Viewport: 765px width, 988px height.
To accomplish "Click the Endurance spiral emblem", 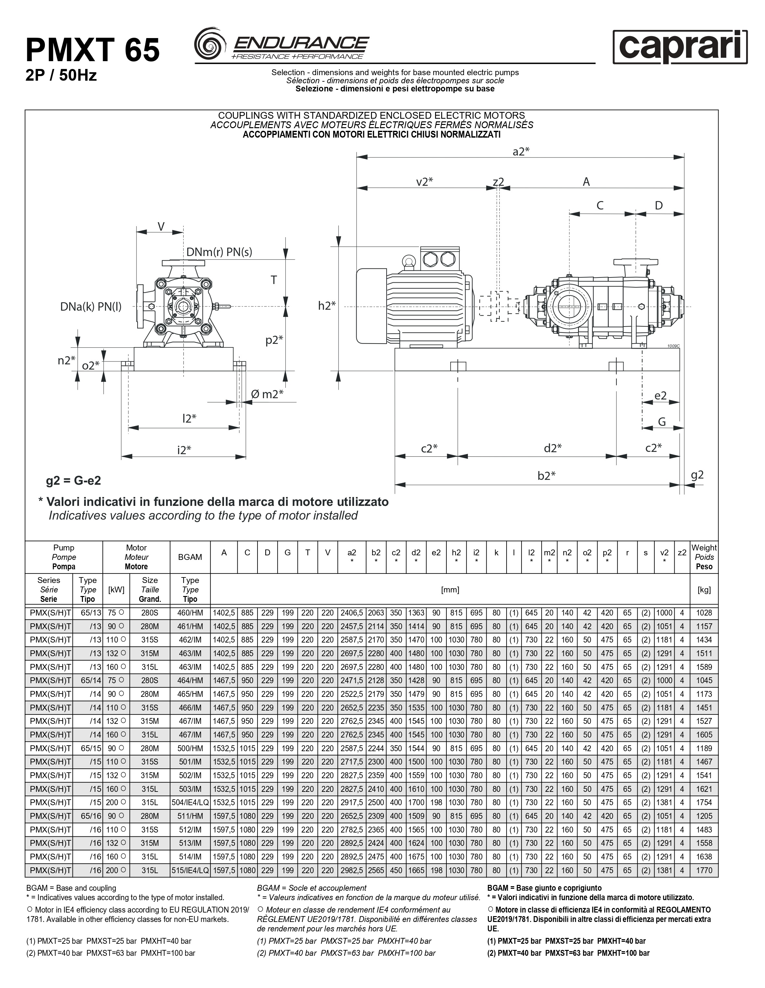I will click(210, 44).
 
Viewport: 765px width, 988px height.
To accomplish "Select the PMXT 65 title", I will click(93, 50).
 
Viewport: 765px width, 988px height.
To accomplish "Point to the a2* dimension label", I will click(521, 152).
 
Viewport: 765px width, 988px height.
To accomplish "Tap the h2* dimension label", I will click(326, 306).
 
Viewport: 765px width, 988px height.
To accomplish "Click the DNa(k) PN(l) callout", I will click(91, 307).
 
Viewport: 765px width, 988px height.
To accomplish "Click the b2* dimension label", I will click(546, 475).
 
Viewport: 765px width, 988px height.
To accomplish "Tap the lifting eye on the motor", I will click(409, 261).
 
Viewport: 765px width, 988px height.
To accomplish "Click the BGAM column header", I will click(190, 557).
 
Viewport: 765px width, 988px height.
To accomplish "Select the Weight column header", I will click(704, 557).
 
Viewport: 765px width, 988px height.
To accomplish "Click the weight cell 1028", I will click(704, 613).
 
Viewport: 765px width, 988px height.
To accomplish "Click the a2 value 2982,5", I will click(352, 870).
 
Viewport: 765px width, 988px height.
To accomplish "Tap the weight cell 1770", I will click(704, 870).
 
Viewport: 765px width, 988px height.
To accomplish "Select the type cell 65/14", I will click(87, 680).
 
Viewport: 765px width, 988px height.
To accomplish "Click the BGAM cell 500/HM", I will click(190, 748).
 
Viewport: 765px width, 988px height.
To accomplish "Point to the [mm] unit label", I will click(450, 589).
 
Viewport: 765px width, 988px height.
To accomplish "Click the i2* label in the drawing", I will click(184, 450).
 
